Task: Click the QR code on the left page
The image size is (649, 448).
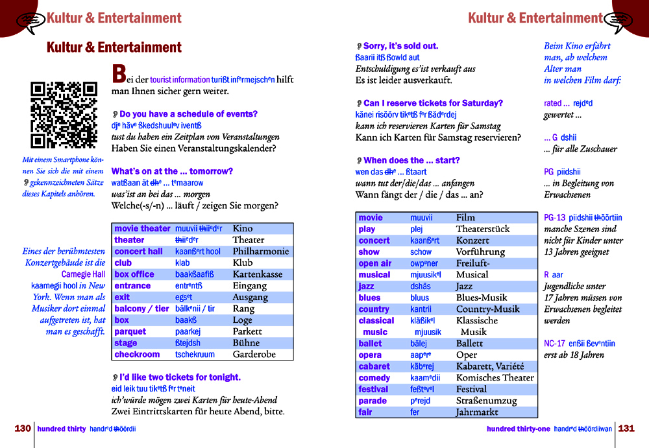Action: (64, 115)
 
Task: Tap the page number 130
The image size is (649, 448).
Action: (23, 429)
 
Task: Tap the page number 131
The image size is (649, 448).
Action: (626, 429)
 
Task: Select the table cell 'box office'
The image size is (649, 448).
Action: (134, 274)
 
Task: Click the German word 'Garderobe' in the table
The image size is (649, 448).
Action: (254, 355)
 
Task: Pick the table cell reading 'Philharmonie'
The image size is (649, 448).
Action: (260, 252)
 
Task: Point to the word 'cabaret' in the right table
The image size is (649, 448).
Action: (374, 366)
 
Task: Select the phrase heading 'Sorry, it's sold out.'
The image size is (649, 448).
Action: (400, 46)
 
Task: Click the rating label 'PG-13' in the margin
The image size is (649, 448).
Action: (555, 218)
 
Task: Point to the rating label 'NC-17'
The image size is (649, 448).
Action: (555, 344)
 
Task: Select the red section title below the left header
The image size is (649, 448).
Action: (114, 47)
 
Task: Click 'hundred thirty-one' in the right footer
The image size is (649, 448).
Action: (518, 429)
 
